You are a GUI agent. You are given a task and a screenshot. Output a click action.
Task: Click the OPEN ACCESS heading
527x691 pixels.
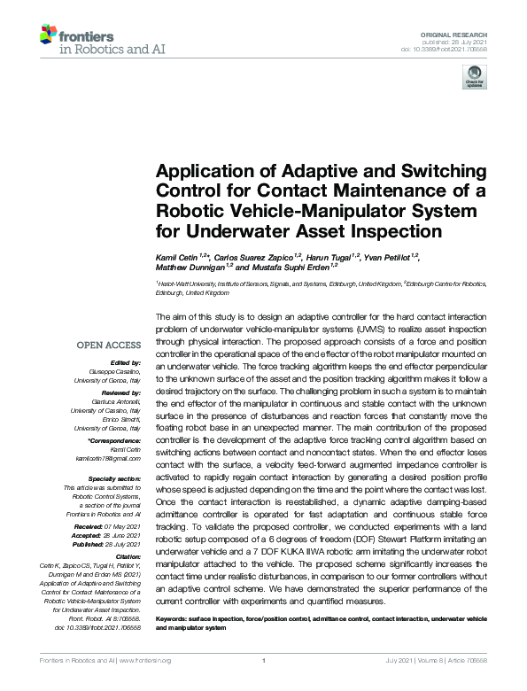[x=108, y=345]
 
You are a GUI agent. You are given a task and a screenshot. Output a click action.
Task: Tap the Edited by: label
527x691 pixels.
[x=127, y=361]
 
